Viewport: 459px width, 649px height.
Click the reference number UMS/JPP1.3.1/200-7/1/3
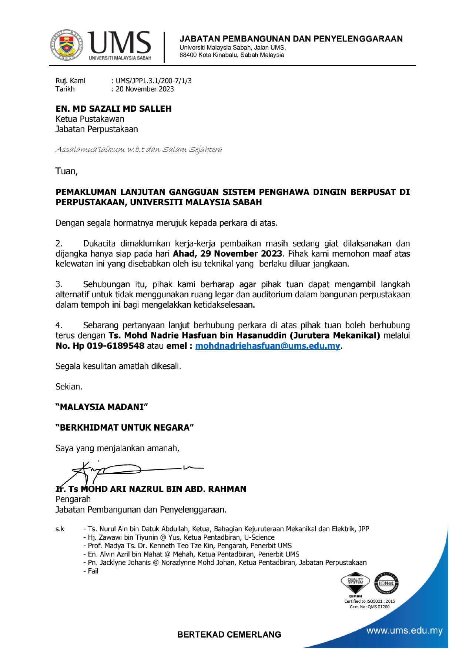pos(154,81)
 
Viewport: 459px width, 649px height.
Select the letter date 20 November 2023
pos(145,89)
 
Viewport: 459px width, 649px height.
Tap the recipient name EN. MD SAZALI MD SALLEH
pos(114,109)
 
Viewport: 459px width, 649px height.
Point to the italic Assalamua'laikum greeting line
pos(139,150)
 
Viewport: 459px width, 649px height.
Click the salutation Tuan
pos(66,171)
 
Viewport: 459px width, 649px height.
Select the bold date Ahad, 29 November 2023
pos(227,254)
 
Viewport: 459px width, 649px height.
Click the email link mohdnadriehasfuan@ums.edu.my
pos(267,346)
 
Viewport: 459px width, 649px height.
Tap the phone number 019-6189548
pos(115,346)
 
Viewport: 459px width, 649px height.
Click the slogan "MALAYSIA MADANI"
pos(102,407)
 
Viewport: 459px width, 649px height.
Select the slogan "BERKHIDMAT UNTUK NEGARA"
pos(125,428)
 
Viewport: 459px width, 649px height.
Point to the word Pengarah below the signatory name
pos(73,499)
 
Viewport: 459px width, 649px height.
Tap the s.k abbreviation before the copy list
pos(60,529)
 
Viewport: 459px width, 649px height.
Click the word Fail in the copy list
pos(93,571)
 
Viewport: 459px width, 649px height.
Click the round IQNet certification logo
pos(386,583)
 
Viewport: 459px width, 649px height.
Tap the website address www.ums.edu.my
pos(404,630)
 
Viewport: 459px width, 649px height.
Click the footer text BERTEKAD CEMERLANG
pos(229,635)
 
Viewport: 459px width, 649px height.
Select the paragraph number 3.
pos(59,285)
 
